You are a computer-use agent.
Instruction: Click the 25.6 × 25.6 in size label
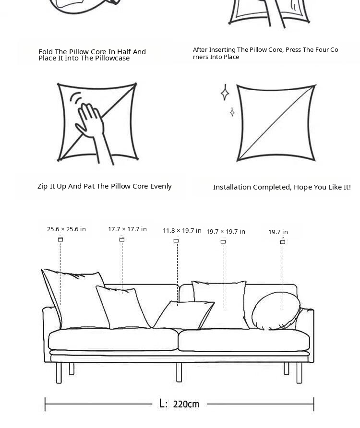click(66, 229)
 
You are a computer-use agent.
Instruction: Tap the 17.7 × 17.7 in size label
click(127, 229)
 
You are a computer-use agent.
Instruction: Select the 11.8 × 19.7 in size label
click(182, 231)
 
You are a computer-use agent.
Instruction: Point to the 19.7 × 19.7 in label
click(226, 232)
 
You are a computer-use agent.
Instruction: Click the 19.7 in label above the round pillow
click(278, 232)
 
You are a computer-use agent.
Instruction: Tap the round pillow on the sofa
click(276, 311)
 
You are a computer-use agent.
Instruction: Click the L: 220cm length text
click(179, 404)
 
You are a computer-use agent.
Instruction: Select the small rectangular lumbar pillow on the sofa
click(183, 315)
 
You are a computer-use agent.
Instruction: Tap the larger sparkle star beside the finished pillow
click(225, 93)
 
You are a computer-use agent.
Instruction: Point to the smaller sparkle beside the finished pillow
click(232, 112)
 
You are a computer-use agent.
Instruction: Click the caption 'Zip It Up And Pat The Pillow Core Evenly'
click(105, 187)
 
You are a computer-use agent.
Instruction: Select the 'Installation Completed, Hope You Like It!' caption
click(282, 187)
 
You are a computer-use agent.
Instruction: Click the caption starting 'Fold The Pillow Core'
click(92, 55)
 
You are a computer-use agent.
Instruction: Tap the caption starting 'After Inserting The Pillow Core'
click(265, 53)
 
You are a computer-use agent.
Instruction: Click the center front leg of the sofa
click(179, 372)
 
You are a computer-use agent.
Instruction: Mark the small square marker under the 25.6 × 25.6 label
click(60, 239)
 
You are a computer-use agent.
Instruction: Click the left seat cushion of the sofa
click(113, 339)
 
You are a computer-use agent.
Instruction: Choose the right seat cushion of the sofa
click(244, 340)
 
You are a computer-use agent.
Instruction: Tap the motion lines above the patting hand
click(76, 98)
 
